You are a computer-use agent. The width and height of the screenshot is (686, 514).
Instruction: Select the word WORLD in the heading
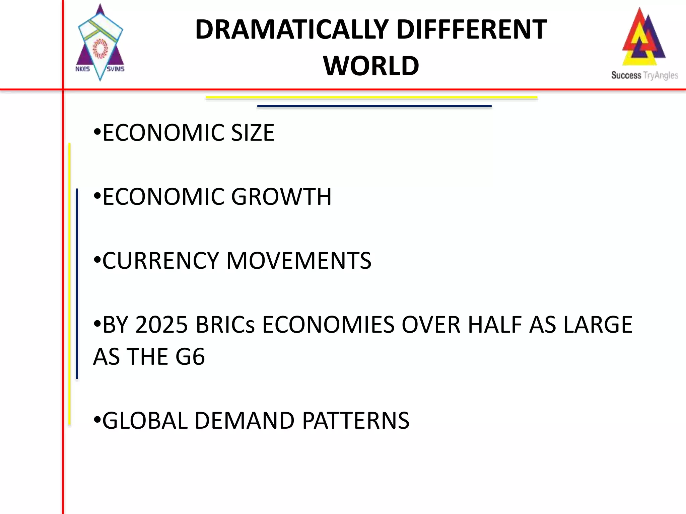371,66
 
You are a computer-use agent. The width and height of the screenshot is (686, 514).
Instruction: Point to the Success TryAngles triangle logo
643,37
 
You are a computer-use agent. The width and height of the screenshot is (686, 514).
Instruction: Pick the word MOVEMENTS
299,260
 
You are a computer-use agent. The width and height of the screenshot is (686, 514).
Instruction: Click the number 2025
161,325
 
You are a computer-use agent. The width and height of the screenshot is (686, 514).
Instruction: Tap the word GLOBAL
145,420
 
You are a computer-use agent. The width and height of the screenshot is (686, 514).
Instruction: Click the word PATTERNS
356,420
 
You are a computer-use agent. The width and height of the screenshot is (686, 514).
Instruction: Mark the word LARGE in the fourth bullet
598,325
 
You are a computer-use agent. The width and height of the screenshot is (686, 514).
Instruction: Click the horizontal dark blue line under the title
374,106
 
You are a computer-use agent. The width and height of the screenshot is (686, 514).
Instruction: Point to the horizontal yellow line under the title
371,98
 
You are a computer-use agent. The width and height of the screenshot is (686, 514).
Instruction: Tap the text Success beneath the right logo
626,75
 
